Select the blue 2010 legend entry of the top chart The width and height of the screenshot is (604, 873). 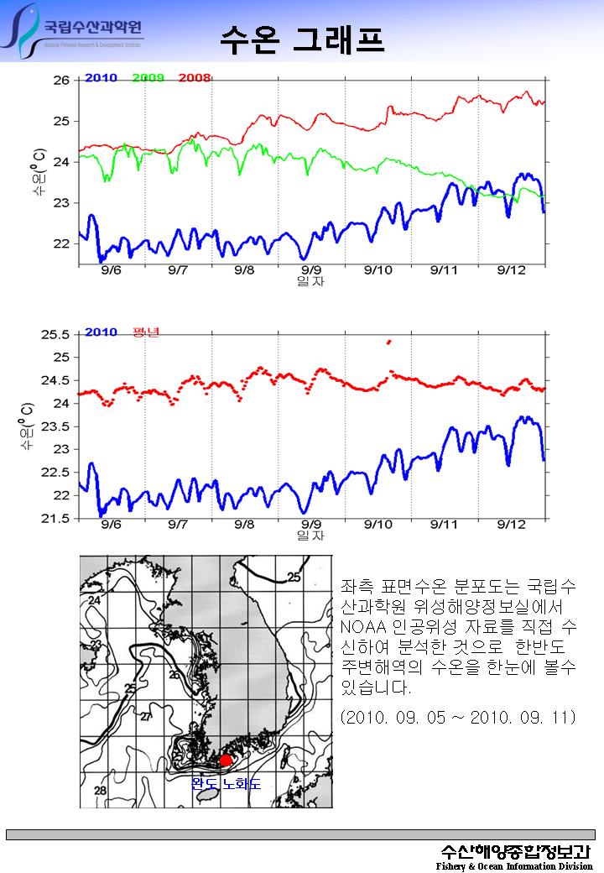(101, 78)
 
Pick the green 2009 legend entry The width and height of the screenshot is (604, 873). (148, 78)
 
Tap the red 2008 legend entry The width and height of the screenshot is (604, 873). (194, 78)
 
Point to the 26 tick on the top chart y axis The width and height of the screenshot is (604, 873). (61, 81)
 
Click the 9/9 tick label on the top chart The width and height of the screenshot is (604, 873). (311, 269)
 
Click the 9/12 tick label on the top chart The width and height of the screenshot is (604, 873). (511, 269)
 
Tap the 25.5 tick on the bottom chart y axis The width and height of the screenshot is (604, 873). (55, 334)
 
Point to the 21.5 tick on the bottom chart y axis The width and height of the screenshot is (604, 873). (55, 519)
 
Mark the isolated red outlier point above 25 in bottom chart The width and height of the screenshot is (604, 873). (388, 342)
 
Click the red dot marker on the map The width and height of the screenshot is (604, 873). (225, 761)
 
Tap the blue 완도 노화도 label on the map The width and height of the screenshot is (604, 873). (226, 784)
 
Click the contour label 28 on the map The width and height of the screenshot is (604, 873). (100, 792)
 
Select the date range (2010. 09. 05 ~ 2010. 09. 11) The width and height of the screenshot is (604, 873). (457, 719)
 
